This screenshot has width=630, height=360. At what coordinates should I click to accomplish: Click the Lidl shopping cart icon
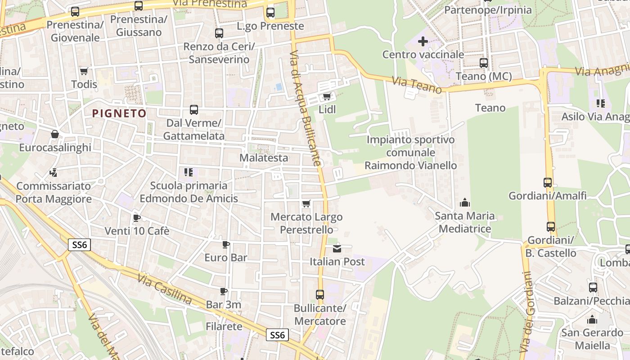click(x=327, y=96)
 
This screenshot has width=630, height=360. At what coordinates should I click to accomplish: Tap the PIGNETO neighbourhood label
click(x=119, y=113)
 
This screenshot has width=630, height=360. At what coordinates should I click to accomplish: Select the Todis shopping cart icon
click(x=84, y=71)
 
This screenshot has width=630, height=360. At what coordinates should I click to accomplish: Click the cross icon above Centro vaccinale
click(x=423, y=42)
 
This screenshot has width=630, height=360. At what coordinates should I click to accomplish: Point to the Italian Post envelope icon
click(x=337, y=248)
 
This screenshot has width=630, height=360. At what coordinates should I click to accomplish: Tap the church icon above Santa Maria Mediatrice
click(x=464, y=202)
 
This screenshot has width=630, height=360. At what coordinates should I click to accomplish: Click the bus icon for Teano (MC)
click(x=484, y=63)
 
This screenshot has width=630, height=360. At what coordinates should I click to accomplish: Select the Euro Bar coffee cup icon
click(x=226, y=244)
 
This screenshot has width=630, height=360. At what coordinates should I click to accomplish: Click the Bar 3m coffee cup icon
click(x=224, y=292)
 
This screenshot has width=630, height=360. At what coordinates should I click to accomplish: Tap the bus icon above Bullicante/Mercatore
click(x=319, y=295)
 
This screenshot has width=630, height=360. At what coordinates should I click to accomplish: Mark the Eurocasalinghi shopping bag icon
click(x=55, y=134)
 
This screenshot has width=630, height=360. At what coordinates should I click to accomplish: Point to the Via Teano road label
click(x=416, y=84)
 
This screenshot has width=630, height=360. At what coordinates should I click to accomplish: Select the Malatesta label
click(x=263, y=158)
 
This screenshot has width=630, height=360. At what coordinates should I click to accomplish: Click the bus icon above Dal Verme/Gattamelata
click(x=194, y=110)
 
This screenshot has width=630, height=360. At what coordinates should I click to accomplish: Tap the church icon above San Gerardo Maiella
click(x=592, y=319)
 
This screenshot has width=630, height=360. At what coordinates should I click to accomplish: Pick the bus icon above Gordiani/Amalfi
click(x=548, y=183)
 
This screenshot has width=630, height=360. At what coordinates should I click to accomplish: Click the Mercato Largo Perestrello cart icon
click(x=306, y=204)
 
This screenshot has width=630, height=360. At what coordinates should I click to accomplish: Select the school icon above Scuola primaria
click(x=189, y=172)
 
